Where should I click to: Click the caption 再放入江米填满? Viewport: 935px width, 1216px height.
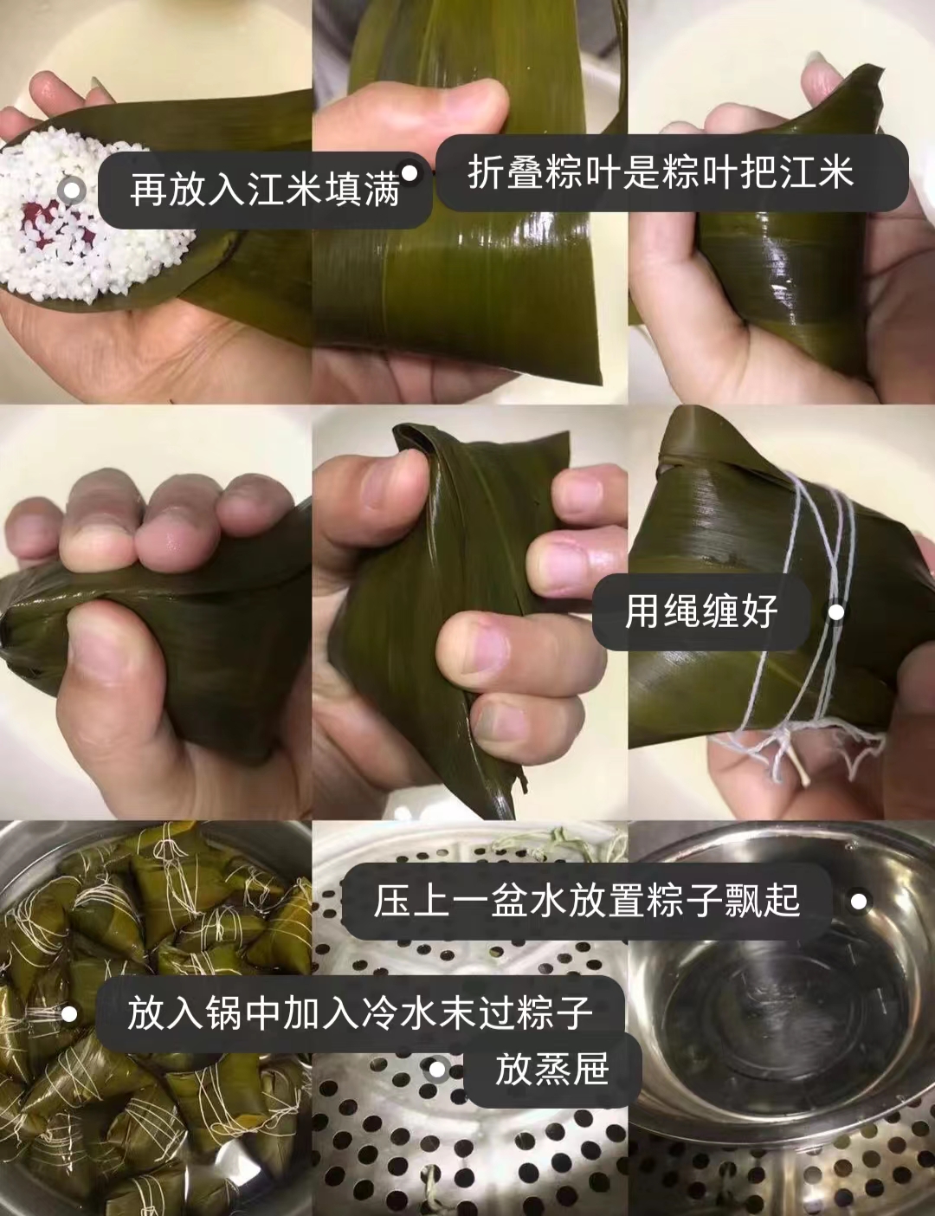[265, 191]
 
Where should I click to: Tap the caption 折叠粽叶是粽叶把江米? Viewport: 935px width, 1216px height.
[661, 171]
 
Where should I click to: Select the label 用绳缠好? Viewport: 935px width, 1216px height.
[701, 611]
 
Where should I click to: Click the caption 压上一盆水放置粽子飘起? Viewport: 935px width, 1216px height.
[587, 901]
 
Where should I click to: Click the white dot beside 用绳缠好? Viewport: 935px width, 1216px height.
[836, 612]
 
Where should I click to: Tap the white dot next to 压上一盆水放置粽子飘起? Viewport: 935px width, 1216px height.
[859, 901]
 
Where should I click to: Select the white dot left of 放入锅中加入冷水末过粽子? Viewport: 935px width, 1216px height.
[69, 1014]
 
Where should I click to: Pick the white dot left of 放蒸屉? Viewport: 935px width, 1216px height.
[436, 1069]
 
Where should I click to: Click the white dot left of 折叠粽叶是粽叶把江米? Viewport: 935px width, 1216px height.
[409, 172]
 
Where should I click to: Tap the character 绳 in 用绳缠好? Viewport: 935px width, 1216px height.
[682, 611]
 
